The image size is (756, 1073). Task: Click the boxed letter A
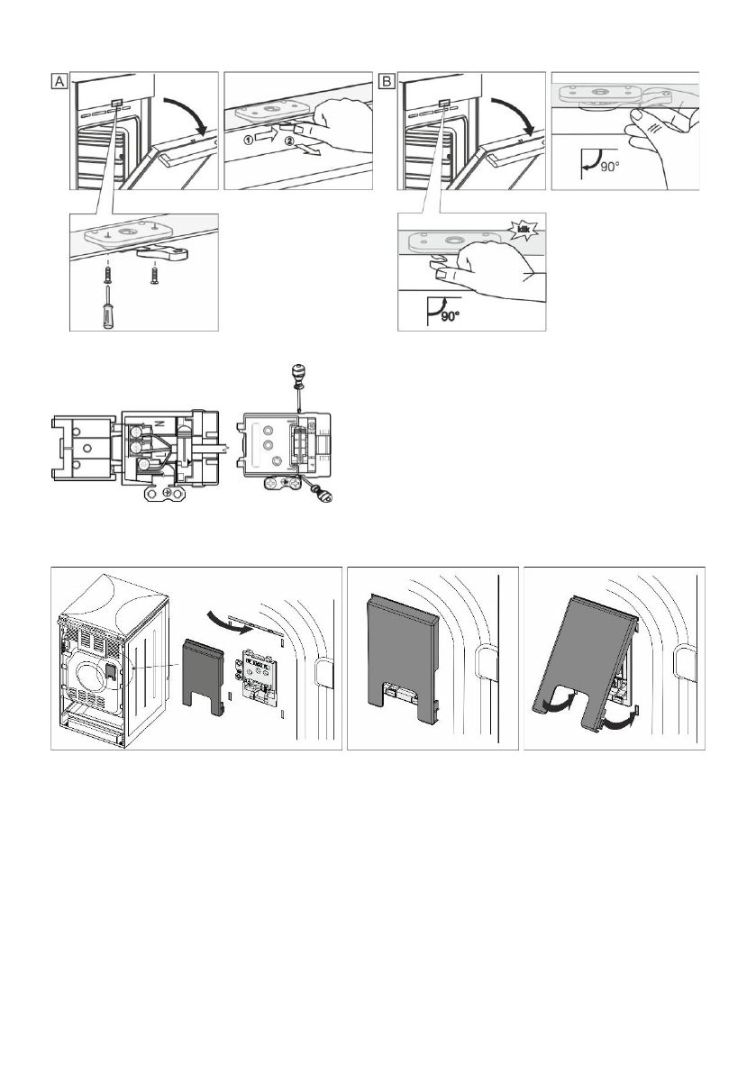(x=59, y=82)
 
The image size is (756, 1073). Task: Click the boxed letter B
(x=387, y=82)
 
